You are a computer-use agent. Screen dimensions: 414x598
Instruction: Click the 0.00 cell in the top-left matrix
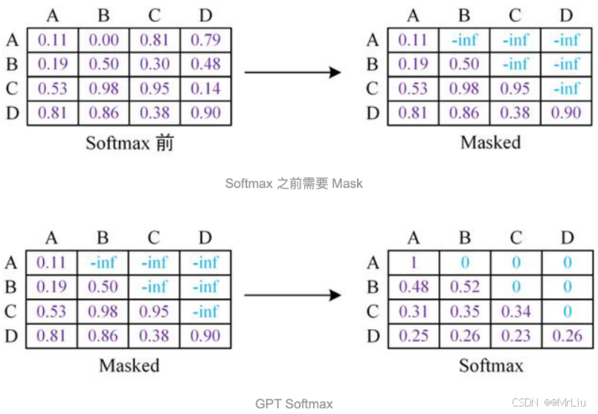pos(103,40)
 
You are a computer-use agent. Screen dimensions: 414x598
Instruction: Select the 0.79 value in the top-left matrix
pos(206,40)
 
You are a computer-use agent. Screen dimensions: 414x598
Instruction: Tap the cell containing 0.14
pos(206,88)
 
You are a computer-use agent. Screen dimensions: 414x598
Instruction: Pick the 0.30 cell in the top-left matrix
pos(155,64)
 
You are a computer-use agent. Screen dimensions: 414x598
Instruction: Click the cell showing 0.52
pos(465,286)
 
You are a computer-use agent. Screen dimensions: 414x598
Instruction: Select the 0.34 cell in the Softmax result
pos(515,311)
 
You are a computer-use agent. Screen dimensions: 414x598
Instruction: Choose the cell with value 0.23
pos(515,336)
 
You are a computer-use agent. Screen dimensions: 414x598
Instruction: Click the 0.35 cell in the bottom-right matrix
pos(465,311)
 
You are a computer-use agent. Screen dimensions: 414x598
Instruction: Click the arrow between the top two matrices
pos(292,72)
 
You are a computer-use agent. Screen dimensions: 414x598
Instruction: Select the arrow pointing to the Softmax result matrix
pos(292,295)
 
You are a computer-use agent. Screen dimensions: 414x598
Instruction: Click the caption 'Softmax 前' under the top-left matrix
pos(129,142)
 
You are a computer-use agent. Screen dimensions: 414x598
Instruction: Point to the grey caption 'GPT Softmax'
pos(294,404)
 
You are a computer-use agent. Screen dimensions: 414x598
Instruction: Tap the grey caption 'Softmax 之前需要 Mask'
pos(294,182)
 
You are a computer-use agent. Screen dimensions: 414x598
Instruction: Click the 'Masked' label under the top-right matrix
pos(490,142)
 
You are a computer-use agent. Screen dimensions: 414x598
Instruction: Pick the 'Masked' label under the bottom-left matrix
pos(129,365)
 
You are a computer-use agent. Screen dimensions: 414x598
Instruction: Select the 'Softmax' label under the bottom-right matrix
pos(490,365)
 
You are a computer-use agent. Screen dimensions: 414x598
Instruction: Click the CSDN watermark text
pos(547,402)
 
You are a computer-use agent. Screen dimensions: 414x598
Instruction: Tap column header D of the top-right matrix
pos(567,15)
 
